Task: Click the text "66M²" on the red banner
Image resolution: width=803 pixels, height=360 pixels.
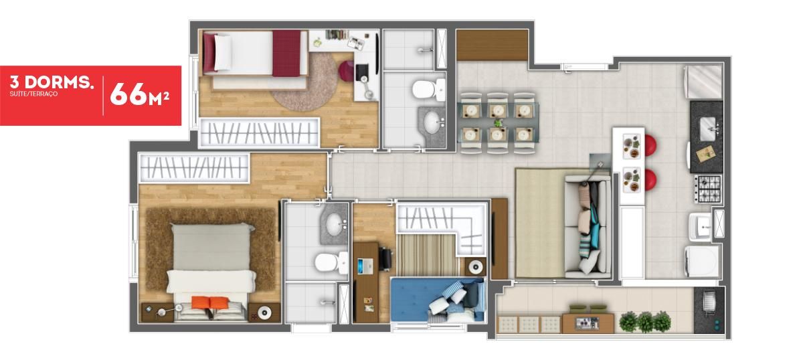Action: pyautogui.click(x=139, y=94)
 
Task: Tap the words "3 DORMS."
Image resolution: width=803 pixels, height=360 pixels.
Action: pyautogui.click(x=52, y=82)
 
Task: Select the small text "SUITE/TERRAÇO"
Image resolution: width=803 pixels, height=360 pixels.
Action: pyautogui.click(x=33, y=94)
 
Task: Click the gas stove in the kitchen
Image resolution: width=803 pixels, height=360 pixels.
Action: pyautogui.click(x=708, y=189)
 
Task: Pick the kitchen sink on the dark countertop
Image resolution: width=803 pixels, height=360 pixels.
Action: pyautogui.click(x=708, y=128)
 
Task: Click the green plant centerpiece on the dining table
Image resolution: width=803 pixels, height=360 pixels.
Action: pyautogui.click(x=498, y=123)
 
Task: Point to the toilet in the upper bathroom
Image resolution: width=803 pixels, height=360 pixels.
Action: pyautogui.click(x=428, y=89)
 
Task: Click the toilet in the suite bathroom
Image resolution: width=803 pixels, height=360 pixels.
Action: pyautogui.click(x=331, y=262)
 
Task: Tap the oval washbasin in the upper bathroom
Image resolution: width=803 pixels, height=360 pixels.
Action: pyautogui.click(x=432, y=122)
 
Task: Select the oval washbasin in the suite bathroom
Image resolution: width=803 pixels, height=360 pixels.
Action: pyautogui.click(x=334, y=223)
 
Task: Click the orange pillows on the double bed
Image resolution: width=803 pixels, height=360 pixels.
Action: pyautogui.click(x=209, y=302)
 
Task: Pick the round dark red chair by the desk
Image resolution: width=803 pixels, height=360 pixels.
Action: pyautogui.click(x=347, y=71)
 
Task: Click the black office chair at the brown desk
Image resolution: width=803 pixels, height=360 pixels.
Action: pyautogui.click(x=385, y=258)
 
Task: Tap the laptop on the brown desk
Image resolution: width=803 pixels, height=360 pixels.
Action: pyautogui.click(x=360, y=266)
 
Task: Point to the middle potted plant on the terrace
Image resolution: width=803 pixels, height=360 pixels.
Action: pyautogui.click(x=644, y=321)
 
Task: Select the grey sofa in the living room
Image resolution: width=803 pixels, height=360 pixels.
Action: pyautogui.click(x=588, y=227)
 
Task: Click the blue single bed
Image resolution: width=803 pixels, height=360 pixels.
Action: pyautogui.click(x=438, y=299)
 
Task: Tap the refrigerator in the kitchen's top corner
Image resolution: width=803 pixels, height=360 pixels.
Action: pyautogui.click(x=703, y=82)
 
